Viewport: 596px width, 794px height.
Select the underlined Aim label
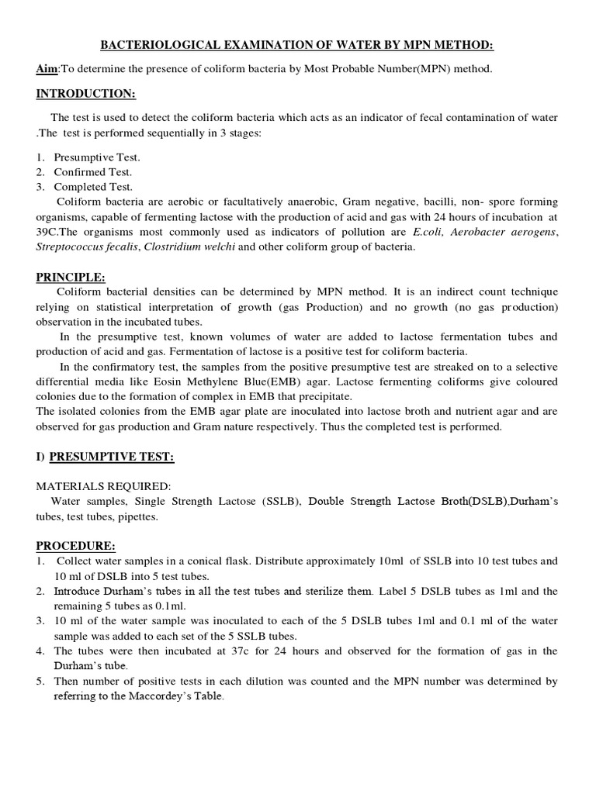[x=47, y=70]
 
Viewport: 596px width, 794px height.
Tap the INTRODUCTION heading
[x=86, y=94]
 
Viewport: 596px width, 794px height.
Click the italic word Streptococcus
[x=73, y=247]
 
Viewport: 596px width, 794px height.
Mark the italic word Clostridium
[x=164, y=247]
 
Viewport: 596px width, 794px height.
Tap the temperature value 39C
[x=48, y=232]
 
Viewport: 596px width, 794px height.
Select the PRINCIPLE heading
[x=71, y=277]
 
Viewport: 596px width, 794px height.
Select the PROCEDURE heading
[x=75, y=546]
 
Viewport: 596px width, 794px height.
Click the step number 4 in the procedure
[x=40, y=651]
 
